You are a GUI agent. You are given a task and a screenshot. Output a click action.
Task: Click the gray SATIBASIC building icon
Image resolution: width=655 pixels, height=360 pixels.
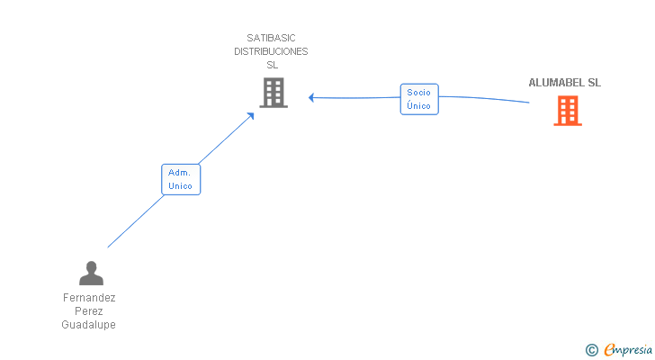[274, 93]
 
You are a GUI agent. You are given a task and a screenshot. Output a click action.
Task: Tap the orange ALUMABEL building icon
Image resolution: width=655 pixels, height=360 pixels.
[568, 111]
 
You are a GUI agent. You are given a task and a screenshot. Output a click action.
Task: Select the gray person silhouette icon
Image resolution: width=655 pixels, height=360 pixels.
[91, 274]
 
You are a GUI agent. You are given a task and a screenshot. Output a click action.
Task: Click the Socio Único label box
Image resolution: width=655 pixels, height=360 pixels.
[419, 99]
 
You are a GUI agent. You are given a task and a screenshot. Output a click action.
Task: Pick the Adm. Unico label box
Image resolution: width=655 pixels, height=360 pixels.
[181, 180]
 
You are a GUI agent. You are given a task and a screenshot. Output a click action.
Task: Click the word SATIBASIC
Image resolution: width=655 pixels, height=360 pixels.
[271, 38]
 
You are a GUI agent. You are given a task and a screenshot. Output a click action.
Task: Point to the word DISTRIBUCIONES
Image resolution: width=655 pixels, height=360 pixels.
[271, 51]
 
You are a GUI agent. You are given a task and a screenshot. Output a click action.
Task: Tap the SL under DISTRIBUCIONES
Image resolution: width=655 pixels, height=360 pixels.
[273, 65]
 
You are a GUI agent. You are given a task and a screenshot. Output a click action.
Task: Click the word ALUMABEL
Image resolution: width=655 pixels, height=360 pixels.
[556, 83]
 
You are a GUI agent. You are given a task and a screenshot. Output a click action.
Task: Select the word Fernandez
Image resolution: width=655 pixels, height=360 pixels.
[89, 298]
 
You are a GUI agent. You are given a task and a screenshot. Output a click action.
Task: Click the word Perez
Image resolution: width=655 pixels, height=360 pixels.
[88, 311]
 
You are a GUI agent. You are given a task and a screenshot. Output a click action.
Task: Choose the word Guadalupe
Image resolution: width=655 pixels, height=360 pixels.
[88, 325]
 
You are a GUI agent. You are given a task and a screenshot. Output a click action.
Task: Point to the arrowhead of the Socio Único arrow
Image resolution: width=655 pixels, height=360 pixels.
[311, 98]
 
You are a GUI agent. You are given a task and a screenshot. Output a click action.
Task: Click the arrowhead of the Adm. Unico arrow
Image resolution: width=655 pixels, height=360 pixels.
[251, 116]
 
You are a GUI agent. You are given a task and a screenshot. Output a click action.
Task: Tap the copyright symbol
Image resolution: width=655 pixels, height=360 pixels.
[591, 350]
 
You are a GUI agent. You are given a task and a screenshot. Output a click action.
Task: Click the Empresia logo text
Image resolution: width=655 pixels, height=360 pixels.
[628, 350]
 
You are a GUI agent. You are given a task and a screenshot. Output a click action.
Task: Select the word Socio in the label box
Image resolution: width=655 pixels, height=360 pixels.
[418, 93]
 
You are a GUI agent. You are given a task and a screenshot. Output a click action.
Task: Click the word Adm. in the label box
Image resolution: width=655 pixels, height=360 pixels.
[179, 173]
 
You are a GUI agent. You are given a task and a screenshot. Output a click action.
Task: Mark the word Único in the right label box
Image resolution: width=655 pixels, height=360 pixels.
[418, 105]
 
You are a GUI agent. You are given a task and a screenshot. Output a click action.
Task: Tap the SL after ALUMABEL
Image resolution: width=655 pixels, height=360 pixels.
[595, 83]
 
